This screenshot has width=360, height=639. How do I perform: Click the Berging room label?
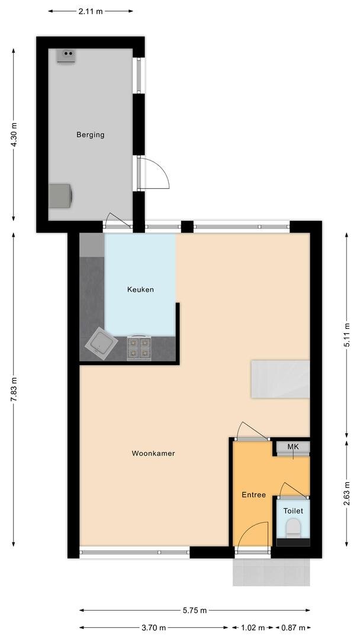click(90, 135)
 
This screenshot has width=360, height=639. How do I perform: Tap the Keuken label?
click(140, 290)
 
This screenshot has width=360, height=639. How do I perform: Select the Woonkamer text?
click(153, 453)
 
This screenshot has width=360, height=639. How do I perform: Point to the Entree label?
click(253, 495)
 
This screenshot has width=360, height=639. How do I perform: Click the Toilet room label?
click(293, 511)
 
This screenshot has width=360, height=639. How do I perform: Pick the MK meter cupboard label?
click(292, 447)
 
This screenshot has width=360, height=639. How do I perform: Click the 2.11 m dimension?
click(91, 11)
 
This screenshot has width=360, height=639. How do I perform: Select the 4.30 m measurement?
click(14, 135)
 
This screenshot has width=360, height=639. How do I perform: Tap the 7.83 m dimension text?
click(14, 389)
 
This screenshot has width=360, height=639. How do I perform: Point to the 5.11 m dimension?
click(346, 334)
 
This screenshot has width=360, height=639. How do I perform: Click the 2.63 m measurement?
click(346, 493)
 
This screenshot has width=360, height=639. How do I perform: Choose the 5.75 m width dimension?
click(194, 610)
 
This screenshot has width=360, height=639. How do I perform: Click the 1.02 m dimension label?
click(252, 628)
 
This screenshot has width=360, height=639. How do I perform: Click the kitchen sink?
click(101, 344)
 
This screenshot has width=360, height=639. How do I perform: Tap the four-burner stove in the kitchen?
click(139, 348)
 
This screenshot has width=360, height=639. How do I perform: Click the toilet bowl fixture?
click(292, 527)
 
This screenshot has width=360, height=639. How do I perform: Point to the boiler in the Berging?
click(66, 56)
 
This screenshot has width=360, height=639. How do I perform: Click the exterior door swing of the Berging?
click(153, 173)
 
